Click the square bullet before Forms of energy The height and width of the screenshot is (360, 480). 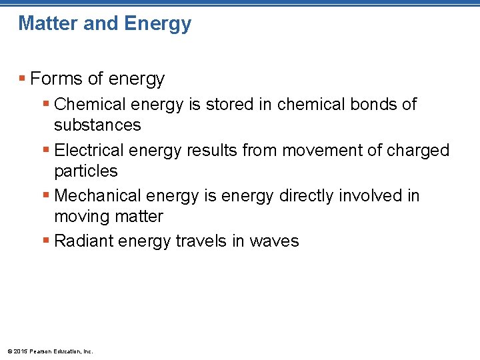tap(23, 79)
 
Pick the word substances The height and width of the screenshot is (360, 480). tap(97, 125)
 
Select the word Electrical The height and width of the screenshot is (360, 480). tap(89, 151)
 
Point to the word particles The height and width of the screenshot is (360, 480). tap(85, 171)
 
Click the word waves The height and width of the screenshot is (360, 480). tap(275, 241)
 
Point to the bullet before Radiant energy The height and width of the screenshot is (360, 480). tap(46, 241)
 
